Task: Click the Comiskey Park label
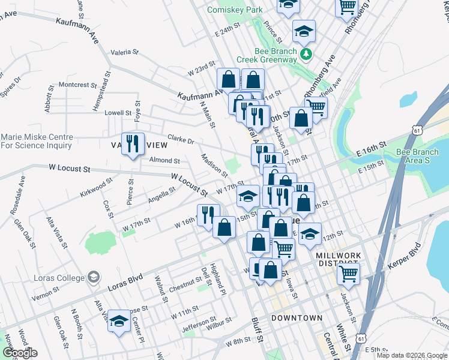click(235, 10)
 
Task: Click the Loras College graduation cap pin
click(93, 277)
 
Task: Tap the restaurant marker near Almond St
click(133, 143)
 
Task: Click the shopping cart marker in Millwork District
click(348, 274)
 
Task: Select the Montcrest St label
click(74, 85)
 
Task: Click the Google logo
click(19, 352)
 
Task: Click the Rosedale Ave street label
click(17, 195)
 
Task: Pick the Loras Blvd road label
click(125, 284)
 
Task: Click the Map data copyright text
click(411, 355)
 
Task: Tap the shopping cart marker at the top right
click(347, 7)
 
